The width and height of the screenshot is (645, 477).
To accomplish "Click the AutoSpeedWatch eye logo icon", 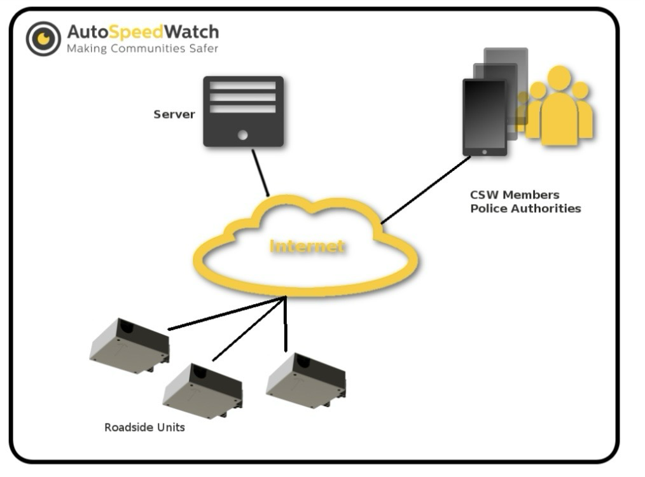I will click(43, 38).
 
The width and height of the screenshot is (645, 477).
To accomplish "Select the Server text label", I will click(174, 114).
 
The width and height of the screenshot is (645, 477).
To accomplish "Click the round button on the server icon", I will click(242, 135).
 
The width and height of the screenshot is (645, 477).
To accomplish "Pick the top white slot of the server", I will click(242, 85).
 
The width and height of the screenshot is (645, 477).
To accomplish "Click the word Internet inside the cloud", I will click(307, 246).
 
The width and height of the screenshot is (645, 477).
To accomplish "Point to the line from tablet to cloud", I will click(425, 190).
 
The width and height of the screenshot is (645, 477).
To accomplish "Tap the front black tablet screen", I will click(484, 114).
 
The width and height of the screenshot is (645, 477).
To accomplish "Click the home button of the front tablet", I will click(485, 152).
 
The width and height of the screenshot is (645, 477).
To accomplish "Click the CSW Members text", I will click(515, 195).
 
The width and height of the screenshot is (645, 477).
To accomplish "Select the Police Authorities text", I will click(525, 208).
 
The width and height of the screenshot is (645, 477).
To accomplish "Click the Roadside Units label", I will click(144, 427).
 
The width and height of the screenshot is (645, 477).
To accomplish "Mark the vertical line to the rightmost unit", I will click(286, 324).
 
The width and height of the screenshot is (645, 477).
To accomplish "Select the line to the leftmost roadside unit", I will click(226, 314).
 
